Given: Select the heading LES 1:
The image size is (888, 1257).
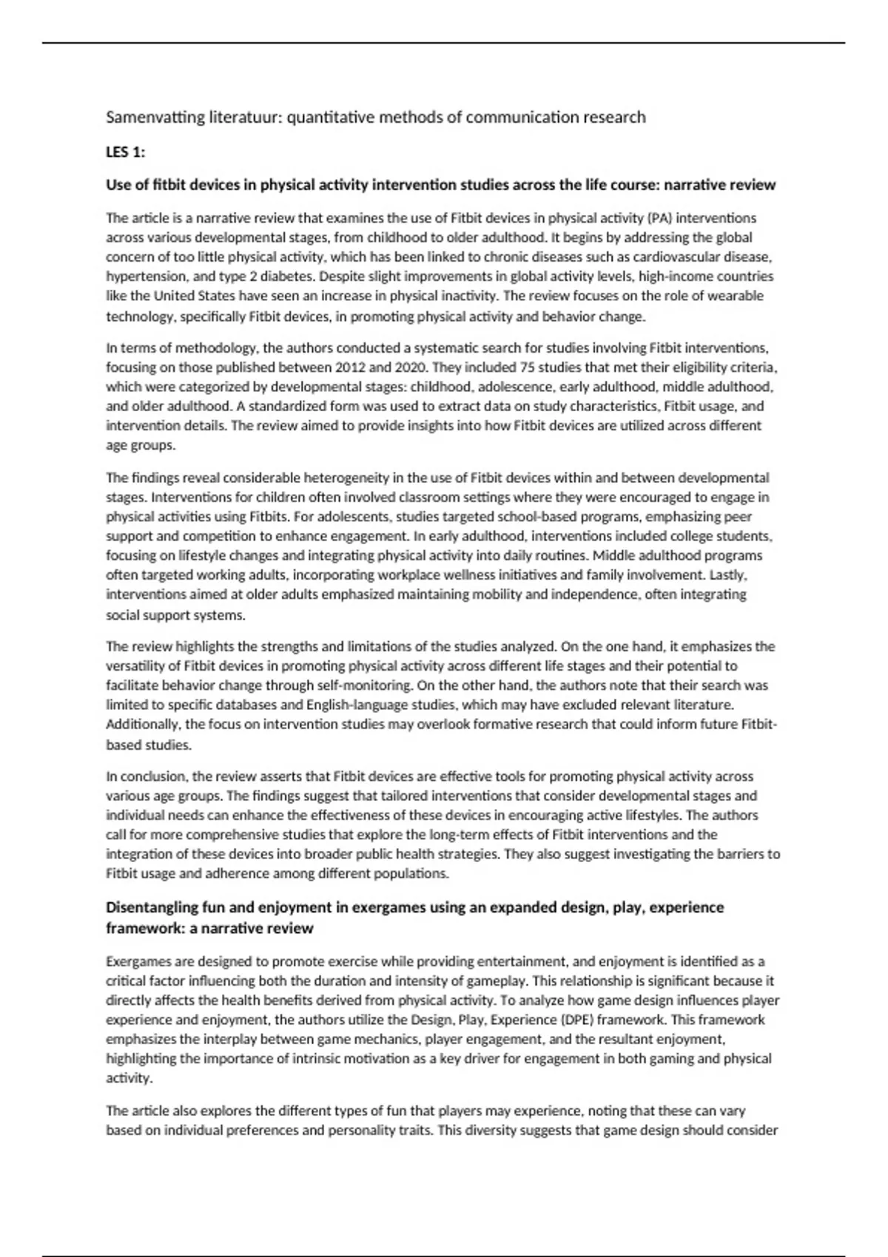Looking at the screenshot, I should pyautogui.click(x=126, y=152).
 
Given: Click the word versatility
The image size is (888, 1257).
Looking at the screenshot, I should pyautogui.click(x=135, y=665).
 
